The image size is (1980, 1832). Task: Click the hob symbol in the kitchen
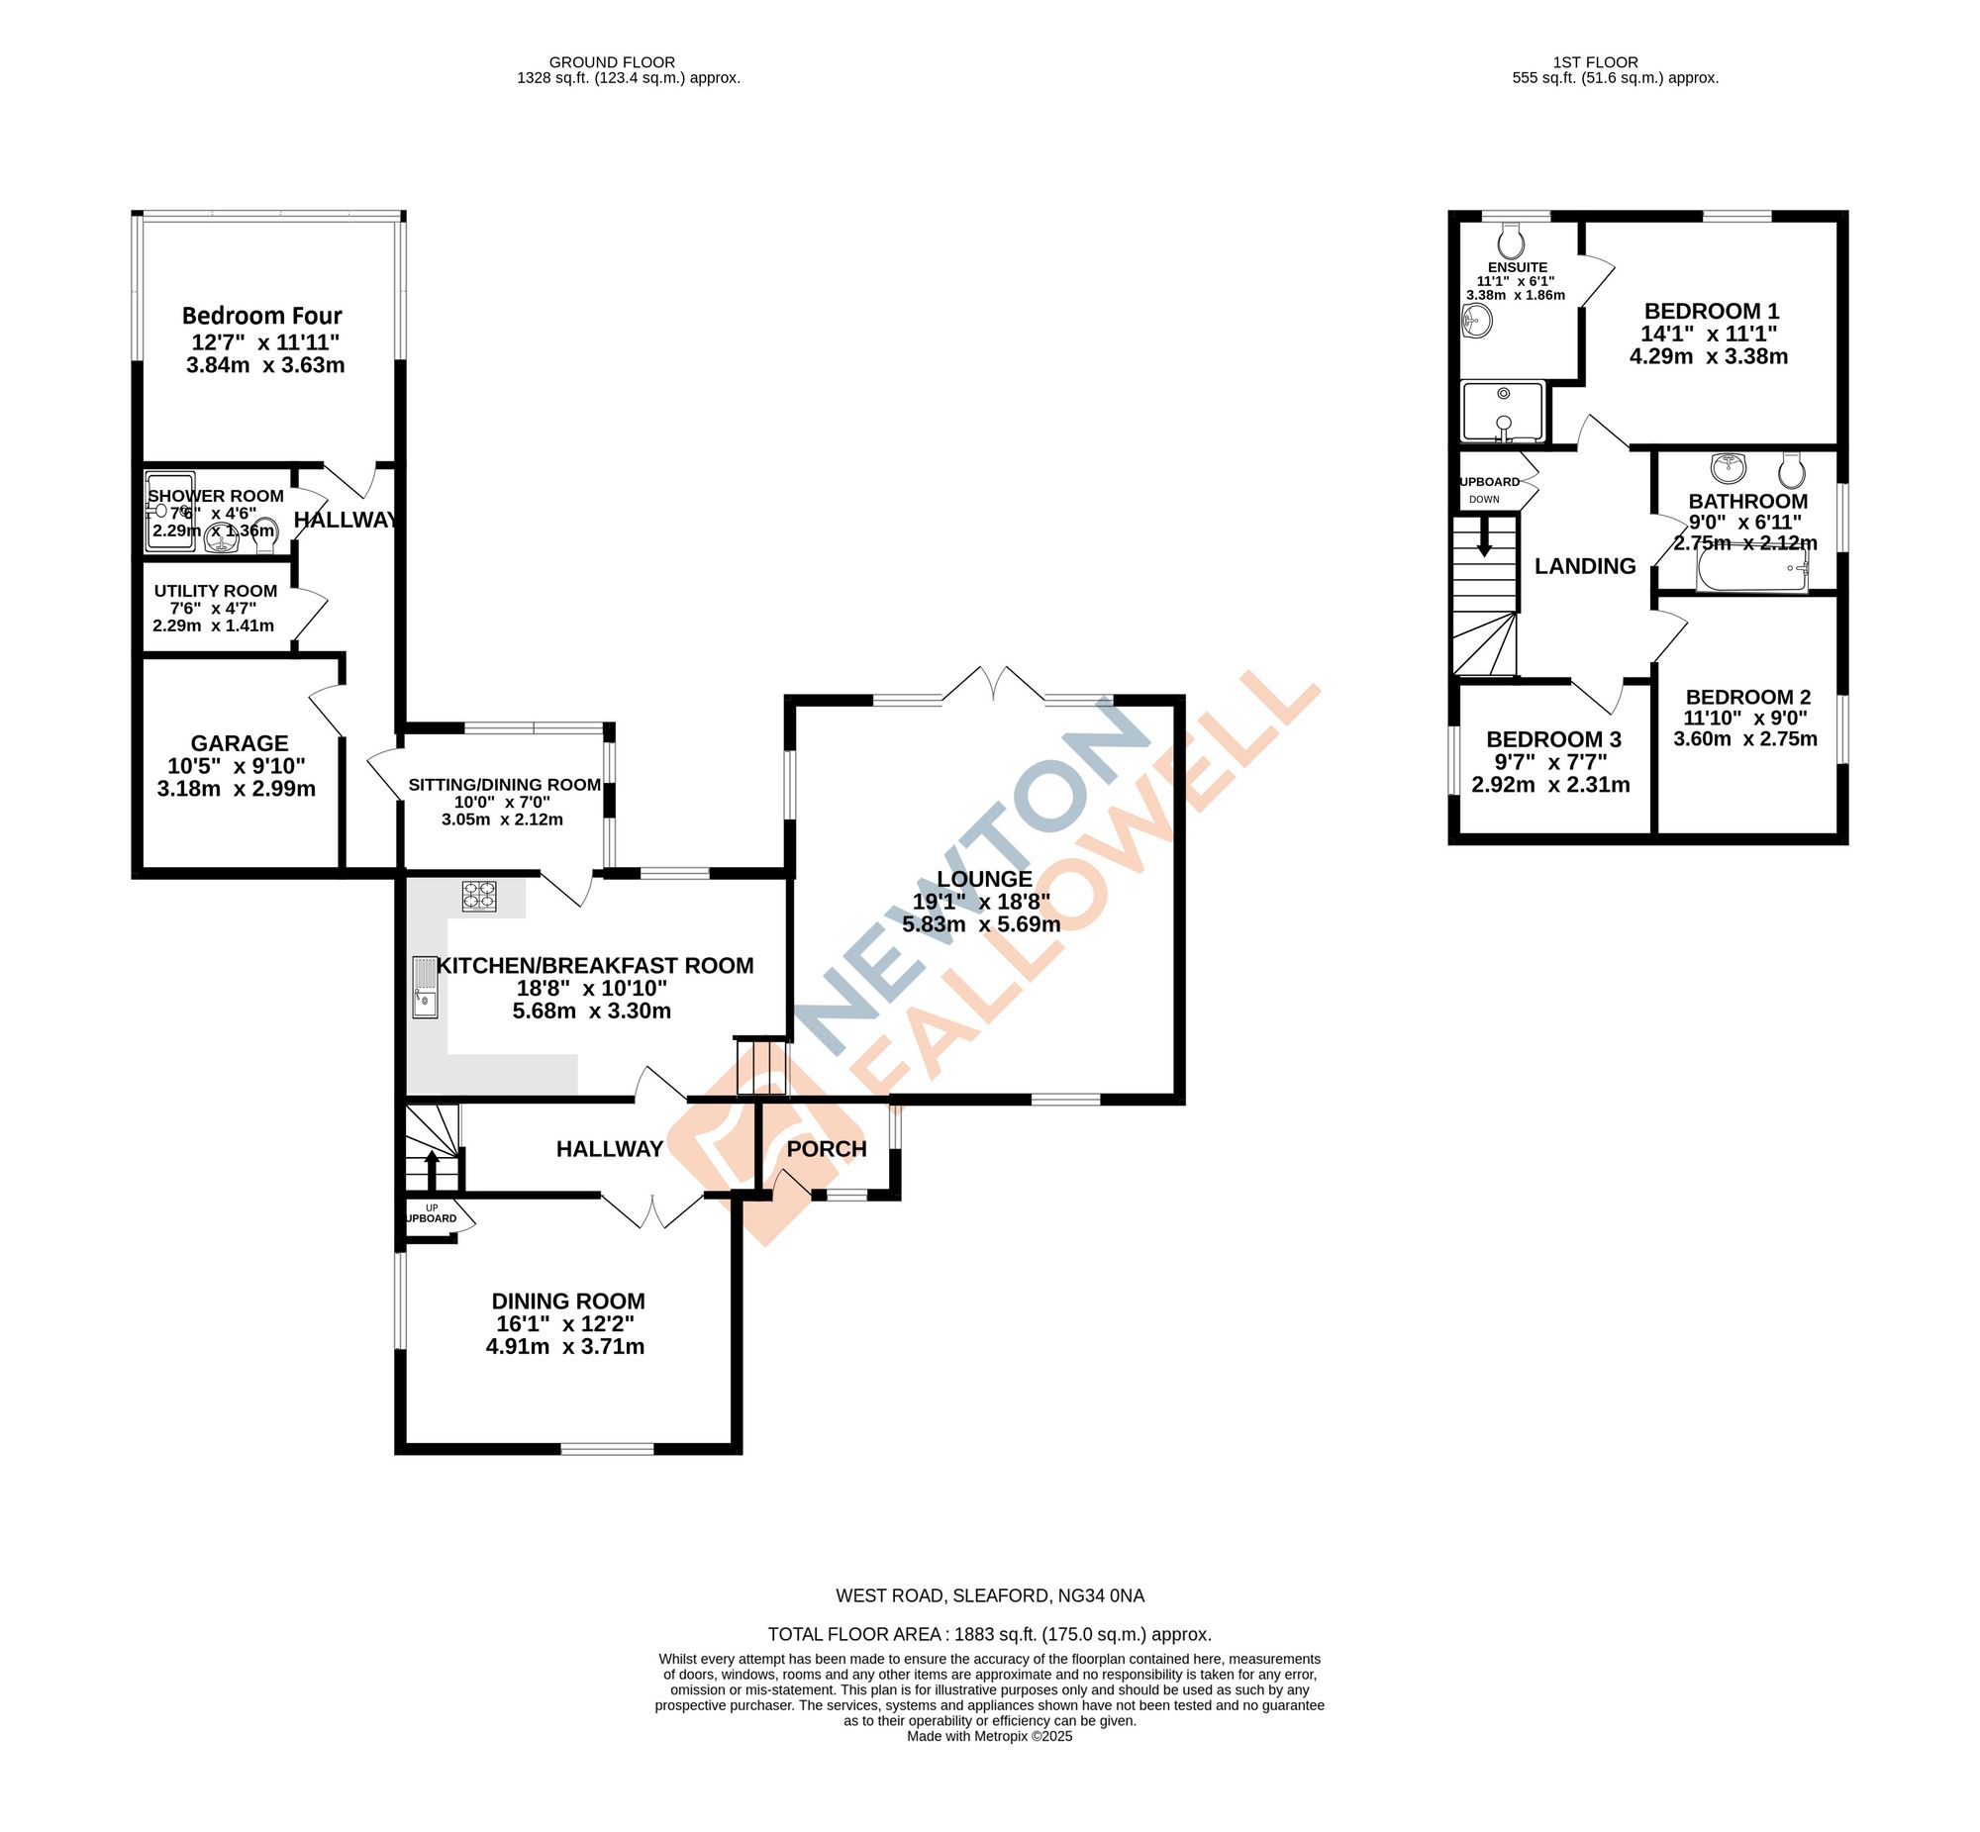pos(479,896)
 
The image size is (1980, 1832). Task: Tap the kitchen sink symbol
pos(425,987)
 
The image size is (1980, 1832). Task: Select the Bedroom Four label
pos(261,317)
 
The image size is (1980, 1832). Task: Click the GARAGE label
pos(239,743)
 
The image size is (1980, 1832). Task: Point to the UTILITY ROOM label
pos(215,591)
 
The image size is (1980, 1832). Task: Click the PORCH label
pos(826,1149)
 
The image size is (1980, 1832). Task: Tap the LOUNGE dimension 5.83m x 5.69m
pos(980,925)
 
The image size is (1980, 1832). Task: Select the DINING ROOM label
pos(568,1302)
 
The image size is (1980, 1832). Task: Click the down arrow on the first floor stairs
pos(1484,543)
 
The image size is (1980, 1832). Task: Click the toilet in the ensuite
pos(1511,238)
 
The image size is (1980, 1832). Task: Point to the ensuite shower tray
pos(1503,411)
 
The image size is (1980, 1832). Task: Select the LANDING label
pos(1584,566)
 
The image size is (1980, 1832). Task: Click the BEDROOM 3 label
pos(1552,739)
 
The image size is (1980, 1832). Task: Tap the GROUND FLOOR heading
pos(612,62)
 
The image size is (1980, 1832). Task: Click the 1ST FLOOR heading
pos(1595,62)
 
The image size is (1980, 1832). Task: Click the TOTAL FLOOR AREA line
pos(988,1635)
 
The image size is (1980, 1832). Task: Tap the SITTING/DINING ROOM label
pos(504,785)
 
